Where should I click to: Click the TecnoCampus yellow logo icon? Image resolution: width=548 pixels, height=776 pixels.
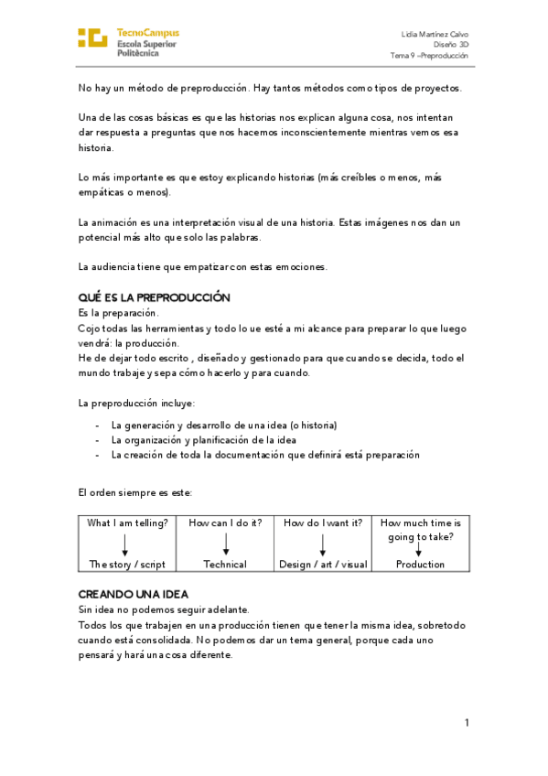click(x=92, y=38)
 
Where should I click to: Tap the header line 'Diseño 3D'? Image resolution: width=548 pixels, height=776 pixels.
click(x=451, y=44)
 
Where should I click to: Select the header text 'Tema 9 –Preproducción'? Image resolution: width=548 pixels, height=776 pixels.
click(x=429, y=55)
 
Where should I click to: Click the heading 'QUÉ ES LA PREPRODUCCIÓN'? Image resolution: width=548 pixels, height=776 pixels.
click(x=154, y=298)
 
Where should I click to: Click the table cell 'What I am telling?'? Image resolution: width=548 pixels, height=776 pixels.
click(x=127, y=523)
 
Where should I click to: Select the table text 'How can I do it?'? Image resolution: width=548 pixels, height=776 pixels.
click(x=225, y=523)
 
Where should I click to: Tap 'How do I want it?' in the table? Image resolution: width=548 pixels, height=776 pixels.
click(x=322, y=523)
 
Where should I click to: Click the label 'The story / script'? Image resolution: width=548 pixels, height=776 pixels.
click(x=127, y=565)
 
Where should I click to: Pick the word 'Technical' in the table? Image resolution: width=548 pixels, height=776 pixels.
click(x=225, y=565)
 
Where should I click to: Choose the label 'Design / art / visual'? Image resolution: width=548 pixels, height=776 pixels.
click(x=323, y=565)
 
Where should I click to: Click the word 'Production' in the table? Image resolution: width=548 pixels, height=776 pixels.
click(x=420, y=565)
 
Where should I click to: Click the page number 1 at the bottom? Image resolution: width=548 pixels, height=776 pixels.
click(x=467, y=723)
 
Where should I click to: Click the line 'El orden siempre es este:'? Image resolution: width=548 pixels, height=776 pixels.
click(x=135, y=492)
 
